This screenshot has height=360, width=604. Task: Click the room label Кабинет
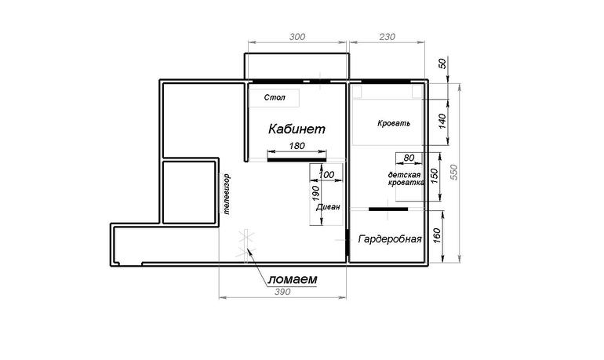click(297, 129)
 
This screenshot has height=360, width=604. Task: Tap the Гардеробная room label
click(390, 239)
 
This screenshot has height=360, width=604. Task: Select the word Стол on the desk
click(275, 97)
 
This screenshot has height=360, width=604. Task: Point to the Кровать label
click(394, 124)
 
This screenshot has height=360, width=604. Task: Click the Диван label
click(328, 207)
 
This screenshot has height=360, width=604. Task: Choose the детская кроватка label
click(406, 179)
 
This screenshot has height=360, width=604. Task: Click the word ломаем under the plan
click(293, 279)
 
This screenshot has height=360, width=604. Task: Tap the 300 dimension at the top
click(297, 37)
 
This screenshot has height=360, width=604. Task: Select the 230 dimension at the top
click(388, 37)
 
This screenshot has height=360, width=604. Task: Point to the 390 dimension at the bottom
click(282, 292)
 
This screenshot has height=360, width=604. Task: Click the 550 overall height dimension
click(453, 172)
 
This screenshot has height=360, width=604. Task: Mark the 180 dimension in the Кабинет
click(297, 146)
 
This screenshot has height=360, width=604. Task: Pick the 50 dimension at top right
click(442, 64)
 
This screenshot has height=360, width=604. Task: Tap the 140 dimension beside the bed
click(442, 122)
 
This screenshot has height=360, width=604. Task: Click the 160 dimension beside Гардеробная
click(436, 235)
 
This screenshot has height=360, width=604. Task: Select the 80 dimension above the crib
click(409, 158)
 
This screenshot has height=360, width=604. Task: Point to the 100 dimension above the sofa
click(326, 174)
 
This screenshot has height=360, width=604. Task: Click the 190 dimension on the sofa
click(315, 193)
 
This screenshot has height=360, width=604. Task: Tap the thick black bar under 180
click(297, 160)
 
